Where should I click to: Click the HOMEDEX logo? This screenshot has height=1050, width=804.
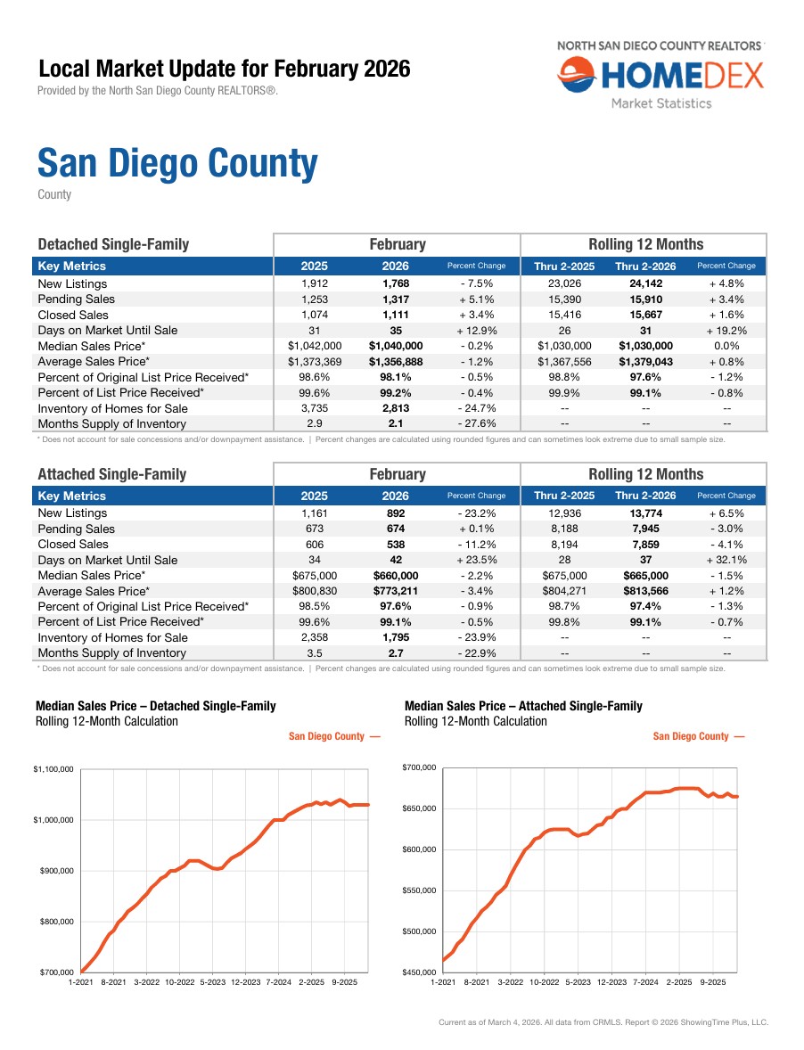pos(660,76)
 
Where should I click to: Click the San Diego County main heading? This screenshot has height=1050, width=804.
pos(176,164)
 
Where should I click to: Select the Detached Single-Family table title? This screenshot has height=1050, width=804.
pos(113,244)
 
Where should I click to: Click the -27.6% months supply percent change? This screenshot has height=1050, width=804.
pos(475,424)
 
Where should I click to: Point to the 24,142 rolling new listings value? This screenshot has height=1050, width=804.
pos(645,283)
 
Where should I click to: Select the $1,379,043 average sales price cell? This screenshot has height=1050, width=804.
pos(645,361)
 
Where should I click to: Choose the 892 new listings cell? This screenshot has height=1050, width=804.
pos(395,513)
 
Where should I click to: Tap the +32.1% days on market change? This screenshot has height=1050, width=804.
pos(726,560)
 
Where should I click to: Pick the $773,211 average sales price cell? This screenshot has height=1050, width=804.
pos(395,591)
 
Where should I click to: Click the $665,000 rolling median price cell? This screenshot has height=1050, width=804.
pos(645,576)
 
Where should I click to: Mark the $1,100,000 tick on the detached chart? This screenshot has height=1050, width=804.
pos(52,769)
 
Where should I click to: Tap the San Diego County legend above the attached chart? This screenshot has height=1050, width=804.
pos(698,736)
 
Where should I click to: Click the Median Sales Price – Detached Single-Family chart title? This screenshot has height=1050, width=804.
pos(155,706)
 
